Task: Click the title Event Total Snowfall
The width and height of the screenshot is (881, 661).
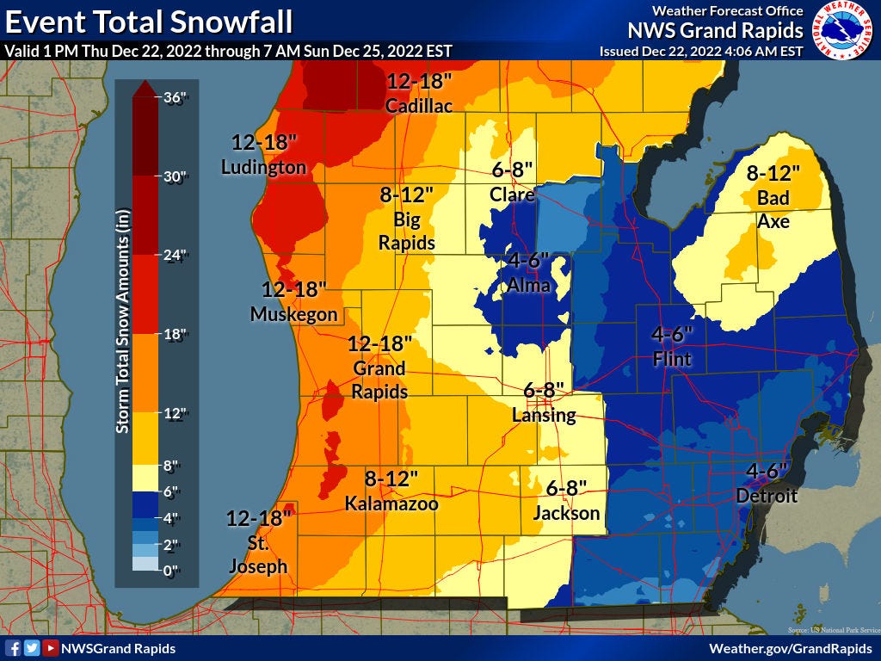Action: point(148,20)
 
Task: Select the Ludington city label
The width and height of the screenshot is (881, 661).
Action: point(263,167)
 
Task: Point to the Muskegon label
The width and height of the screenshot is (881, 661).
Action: point(293,314)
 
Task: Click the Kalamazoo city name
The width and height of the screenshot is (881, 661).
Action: point(391,503)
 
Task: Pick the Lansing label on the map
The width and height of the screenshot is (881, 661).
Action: point(543,415)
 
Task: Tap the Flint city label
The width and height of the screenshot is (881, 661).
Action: point(672,358)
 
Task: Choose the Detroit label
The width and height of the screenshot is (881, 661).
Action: point(767,496)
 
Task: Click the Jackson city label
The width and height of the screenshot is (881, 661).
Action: point(566,513)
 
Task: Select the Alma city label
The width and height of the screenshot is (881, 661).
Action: point(529,285)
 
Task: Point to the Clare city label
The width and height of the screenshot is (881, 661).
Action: point(512,195)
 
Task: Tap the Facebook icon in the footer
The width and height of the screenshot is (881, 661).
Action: point(13,648)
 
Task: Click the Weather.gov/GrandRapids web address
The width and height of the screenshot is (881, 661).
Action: point(791,648)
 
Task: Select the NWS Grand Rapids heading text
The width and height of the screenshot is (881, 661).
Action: point(715,31)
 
